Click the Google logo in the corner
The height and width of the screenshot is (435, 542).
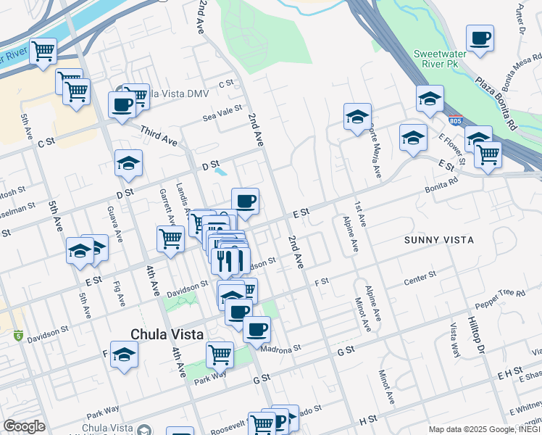(24, 426)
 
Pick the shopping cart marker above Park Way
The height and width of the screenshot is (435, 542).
(220, 355)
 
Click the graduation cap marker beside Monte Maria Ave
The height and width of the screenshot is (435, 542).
(357, 117)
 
